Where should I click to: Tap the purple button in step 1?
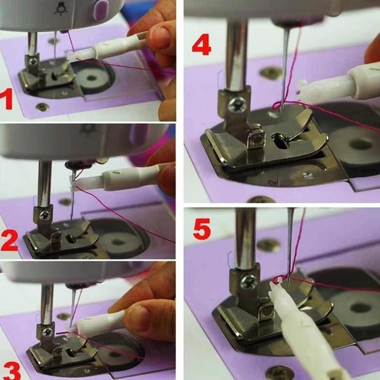101,10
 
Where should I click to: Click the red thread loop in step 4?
277,105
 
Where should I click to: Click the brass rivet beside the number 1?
42,107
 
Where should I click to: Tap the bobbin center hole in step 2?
118,242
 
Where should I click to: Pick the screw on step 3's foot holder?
47,332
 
